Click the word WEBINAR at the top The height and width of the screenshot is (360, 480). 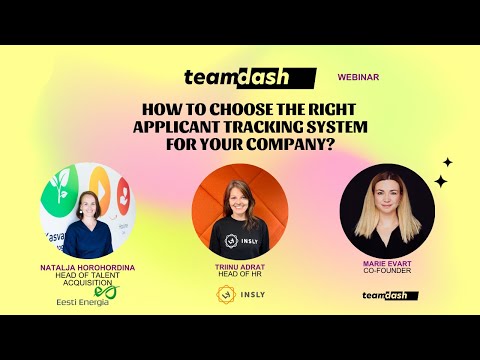tap(358, 76)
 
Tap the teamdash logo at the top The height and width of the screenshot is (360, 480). tap(249, 77)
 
